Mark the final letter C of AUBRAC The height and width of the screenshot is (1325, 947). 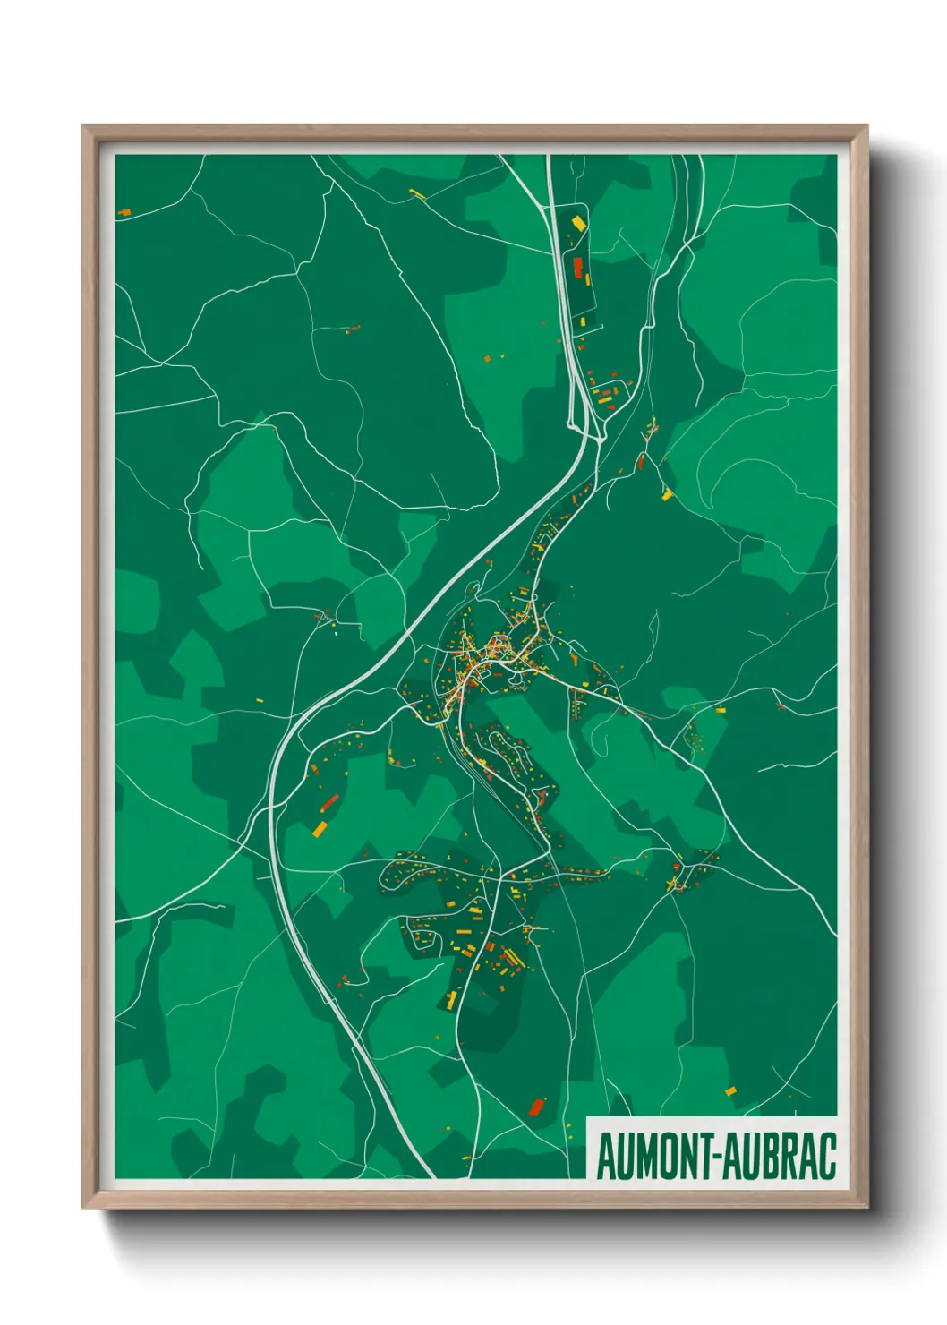point(827,1157)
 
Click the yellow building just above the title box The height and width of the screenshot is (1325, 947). point(730,1090)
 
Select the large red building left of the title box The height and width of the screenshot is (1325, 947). point(537,1107)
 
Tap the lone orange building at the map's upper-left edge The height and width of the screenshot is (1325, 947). point(124,212)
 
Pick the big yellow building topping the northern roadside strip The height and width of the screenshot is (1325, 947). point(578,221)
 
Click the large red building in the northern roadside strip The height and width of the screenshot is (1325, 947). point(577,267)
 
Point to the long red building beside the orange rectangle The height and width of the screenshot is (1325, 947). point(329,801)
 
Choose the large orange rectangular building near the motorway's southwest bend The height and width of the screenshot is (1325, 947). point(320,828)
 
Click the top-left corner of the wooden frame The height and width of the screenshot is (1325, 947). point(83,126)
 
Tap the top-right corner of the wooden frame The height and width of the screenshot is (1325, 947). point(866,126)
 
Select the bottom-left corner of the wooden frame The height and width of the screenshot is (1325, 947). point(83,1207)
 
